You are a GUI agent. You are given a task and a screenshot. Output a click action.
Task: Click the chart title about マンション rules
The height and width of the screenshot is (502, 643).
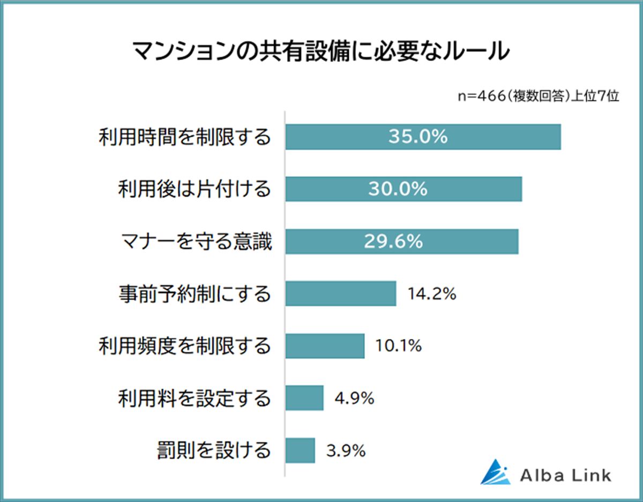tap(320, 53)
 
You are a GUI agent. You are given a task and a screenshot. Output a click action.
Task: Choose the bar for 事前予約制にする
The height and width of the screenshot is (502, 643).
tap(340, 293)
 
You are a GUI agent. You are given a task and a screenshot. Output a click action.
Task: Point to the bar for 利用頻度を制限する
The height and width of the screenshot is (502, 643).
tap(325, 346)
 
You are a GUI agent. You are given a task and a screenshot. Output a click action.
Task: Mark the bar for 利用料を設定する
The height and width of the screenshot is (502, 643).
tap(304, 398)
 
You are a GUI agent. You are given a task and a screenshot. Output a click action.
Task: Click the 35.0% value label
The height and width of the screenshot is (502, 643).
tap(418, 137)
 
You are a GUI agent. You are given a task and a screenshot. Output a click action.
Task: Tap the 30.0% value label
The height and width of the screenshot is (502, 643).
tap(398, 189)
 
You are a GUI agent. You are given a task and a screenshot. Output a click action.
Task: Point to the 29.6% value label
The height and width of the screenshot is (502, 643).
tap(394, 241)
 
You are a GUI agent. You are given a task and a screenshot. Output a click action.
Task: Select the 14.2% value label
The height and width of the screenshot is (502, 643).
tap(432, 294)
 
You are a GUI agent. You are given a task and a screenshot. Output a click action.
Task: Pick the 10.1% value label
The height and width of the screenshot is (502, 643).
tap(398, 346)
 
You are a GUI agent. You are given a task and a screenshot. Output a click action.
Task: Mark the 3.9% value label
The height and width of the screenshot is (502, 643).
tap(346, 451)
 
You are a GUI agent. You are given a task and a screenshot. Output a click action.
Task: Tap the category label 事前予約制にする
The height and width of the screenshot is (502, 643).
tap(195, 294)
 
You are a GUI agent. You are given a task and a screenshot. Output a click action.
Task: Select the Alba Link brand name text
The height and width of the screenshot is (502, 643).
tap(565, 475)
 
